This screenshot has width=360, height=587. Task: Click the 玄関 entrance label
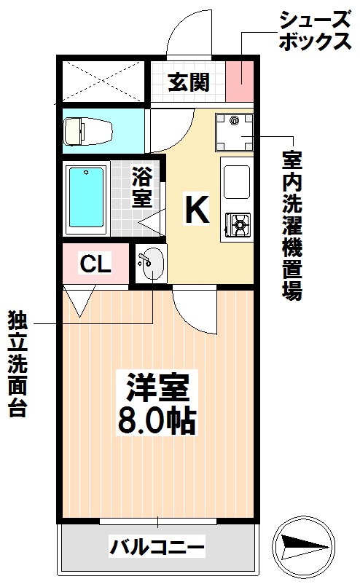click(x=189, y=82)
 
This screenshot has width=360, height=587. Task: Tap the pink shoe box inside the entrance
click(x=240, y=81)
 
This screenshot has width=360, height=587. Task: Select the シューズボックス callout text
click(x=316, y=31)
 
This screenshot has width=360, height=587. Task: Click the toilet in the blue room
click(x=88, y=131)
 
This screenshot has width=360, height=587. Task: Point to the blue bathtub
click(x=86, y=197)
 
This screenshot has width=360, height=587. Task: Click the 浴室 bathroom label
click(x=142, y=187)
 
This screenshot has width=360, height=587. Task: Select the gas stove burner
click(x=238, y=224)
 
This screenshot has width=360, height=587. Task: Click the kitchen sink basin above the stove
click(x=237, y=182)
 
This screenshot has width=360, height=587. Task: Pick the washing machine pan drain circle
click(x=235, y=121)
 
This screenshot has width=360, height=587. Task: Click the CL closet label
click(x=95, y=264)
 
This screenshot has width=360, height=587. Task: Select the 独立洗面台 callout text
click(x=17, y=363)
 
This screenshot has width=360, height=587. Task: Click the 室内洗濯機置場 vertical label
click(x=291, y=225)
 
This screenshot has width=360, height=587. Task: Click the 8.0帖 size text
click(x=157, y=421)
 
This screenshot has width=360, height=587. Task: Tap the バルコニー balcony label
click(x=157, y=546)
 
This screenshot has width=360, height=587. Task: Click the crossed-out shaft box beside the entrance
click(x=103, y=81)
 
